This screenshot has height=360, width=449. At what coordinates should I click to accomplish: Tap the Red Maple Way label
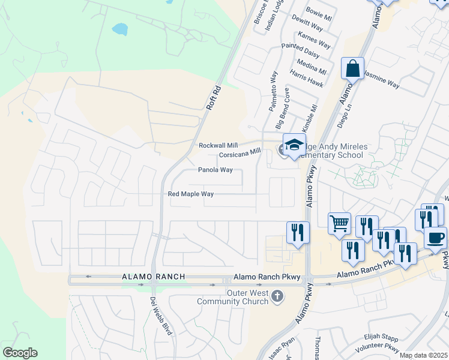point(191,194)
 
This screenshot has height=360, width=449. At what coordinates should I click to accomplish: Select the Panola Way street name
point(215,170)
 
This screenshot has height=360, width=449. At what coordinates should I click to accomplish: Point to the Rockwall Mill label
point(218,146)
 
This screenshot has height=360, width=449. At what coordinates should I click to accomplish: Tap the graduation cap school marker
point(294,145)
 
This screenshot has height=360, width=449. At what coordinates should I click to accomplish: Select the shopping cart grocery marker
point(339,224)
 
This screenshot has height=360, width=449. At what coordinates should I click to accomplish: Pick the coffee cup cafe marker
point(435,237)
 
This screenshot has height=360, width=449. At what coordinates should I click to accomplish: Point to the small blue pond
point(120,29)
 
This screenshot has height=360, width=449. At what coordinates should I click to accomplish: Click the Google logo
point(20,353)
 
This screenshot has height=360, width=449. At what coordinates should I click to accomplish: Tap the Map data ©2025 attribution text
point(424,355)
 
